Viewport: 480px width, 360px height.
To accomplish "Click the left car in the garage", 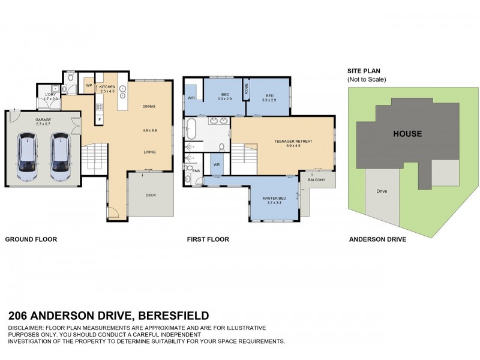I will pos(27,157).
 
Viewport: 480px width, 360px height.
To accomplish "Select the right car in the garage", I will pos(60,157).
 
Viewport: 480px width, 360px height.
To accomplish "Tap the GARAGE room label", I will pos(43,119).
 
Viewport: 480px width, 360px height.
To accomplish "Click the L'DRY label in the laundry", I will pos(50,95).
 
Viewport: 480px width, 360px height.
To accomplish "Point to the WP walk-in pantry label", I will pos(89,86).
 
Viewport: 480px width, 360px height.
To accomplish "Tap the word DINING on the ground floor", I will pos(149,107).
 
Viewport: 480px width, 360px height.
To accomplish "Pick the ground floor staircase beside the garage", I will pos(94,158).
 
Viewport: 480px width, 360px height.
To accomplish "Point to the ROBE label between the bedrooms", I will pos(245,89).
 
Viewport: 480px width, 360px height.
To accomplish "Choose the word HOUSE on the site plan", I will pos(407,134).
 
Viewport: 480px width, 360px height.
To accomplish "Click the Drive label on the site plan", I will pos(382,191).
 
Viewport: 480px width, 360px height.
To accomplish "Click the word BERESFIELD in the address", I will pos(174,316).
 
